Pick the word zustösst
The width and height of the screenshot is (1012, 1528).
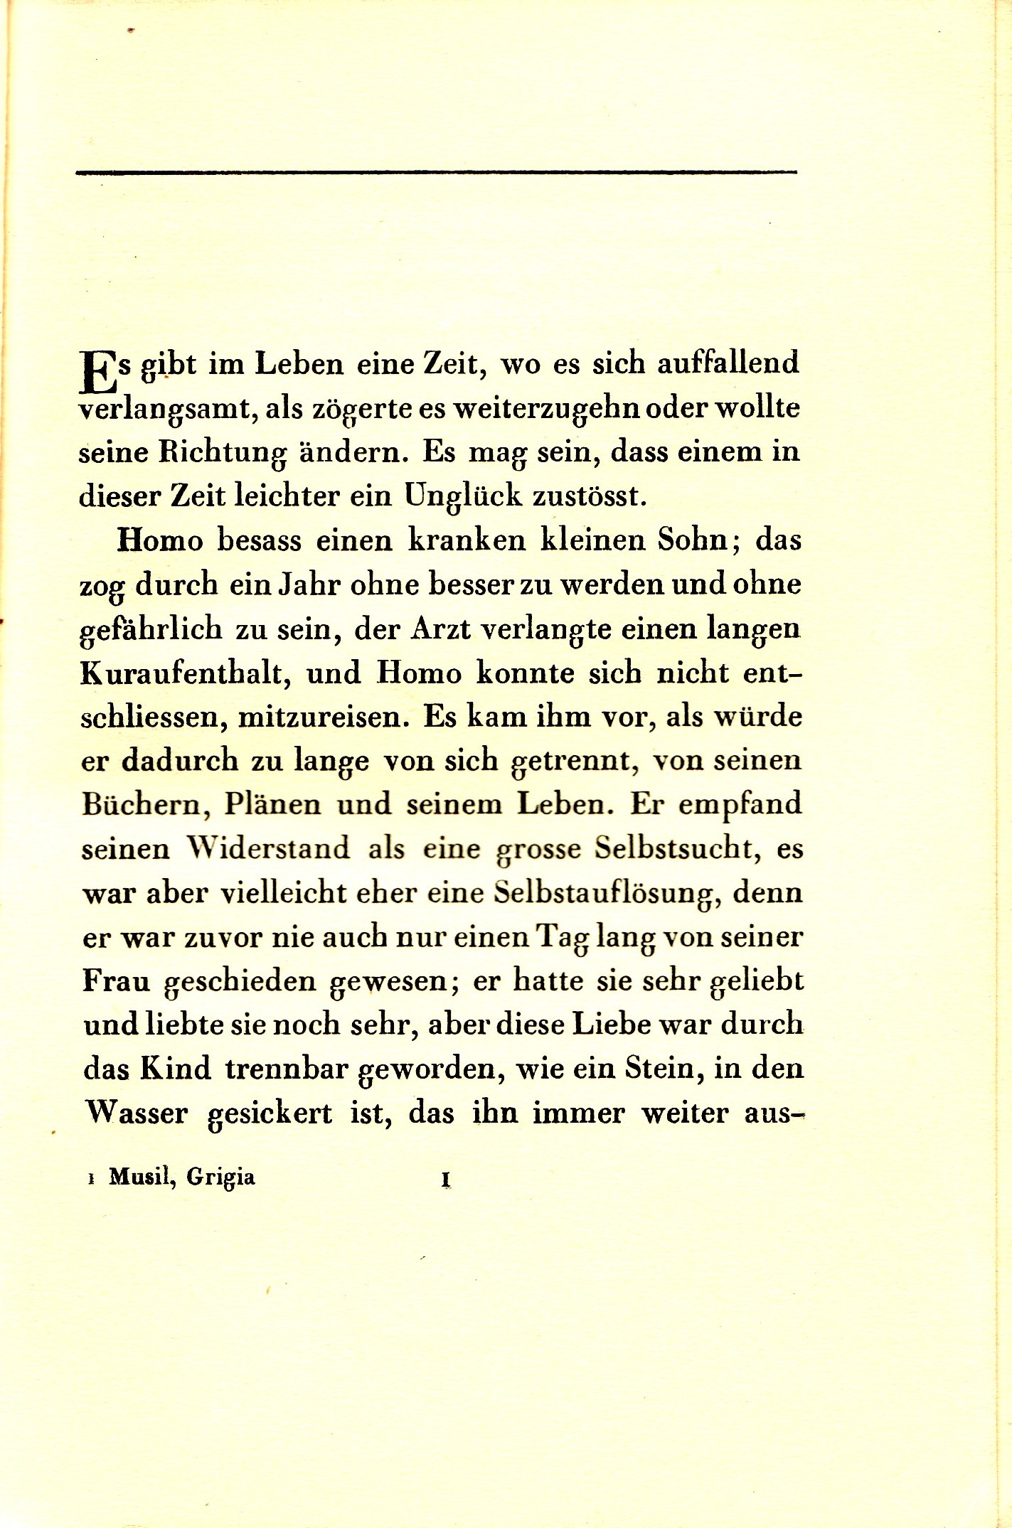click(x=590, y=496)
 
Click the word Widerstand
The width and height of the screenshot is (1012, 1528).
click(x=268, y=848)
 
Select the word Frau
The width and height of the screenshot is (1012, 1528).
click(x=117, y=981)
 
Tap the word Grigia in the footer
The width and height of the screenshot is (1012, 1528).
click(x=220, y=1178)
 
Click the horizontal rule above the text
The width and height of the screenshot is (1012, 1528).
click(x=436, y=171)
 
